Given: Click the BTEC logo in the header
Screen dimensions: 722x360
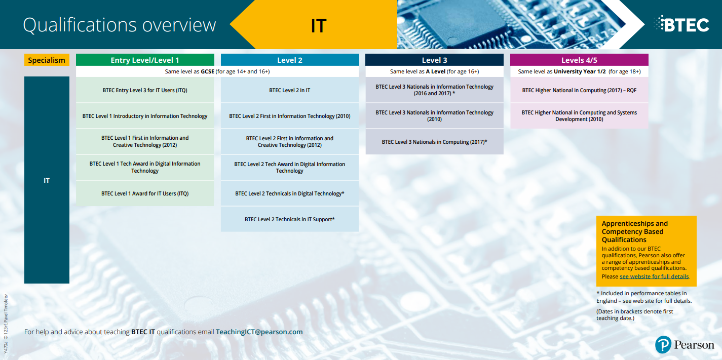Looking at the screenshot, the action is (681, 24).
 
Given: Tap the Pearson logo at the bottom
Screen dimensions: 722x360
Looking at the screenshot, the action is (685, 345).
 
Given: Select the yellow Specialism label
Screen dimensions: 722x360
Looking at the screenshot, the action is (47, 60).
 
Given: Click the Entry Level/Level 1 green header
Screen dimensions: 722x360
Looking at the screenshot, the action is (145, 60).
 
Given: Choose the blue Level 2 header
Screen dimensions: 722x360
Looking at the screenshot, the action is (290, 60).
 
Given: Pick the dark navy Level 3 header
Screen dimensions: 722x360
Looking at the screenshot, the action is (435, 60).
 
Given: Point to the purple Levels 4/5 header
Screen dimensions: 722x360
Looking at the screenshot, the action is (579, 60).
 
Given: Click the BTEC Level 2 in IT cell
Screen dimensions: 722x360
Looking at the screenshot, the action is (290, 90).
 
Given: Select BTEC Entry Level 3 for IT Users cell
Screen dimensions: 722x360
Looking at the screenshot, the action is (145, 90).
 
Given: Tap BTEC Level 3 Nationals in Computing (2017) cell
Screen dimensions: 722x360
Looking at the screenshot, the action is (435, 142).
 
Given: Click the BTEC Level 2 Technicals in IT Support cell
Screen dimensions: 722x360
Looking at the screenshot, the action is (290, 219).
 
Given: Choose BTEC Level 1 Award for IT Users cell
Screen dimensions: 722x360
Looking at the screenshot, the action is (145, 193).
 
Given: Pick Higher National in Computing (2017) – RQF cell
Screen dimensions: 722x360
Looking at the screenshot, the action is (579, 90).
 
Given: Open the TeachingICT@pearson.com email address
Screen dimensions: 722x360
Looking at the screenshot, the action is (259, 332).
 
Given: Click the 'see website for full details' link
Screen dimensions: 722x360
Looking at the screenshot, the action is (654, 276).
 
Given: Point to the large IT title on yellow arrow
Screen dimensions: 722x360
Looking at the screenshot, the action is (319, 26).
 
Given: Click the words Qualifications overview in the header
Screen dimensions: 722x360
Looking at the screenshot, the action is (119, 25).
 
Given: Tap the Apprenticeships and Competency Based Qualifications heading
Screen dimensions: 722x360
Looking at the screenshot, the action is (635, 231).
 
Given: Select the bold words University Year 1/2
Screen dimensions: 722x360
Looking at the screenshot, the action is (580, 71).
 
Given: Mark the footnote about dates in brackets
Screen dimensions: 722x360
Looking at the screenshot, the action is (635, 314).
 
